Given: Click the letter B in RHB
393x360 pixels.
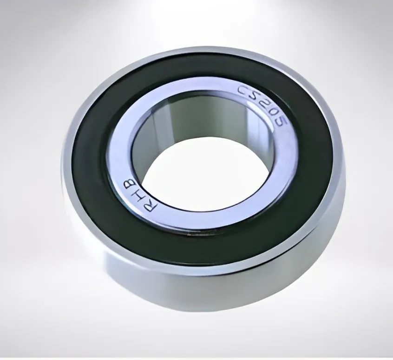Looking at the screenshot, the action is (x=129, y=183).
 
